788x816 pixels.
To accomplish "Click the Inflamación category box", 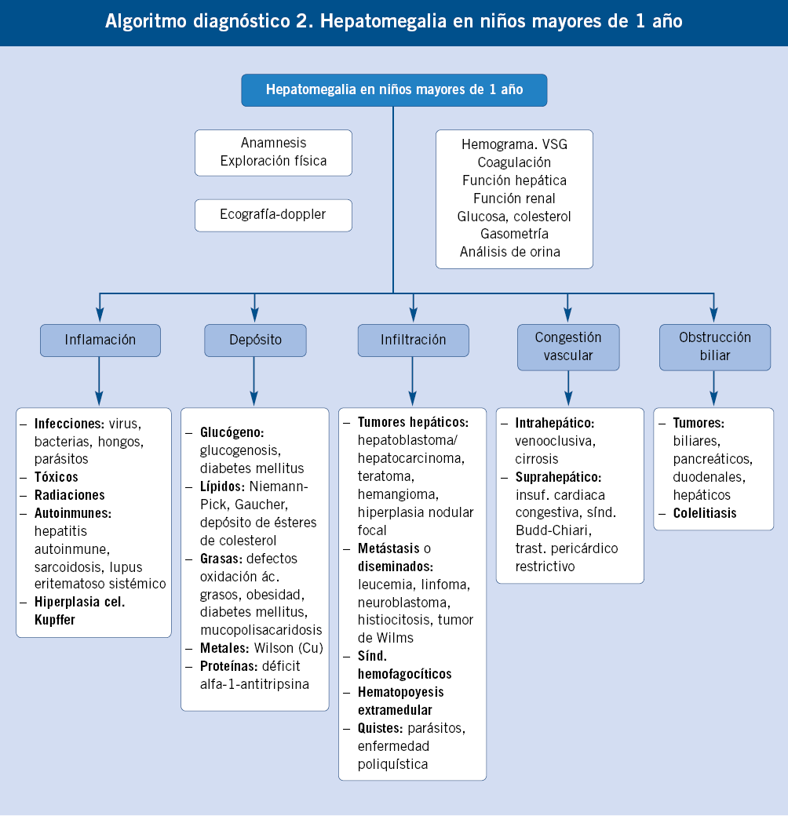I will point(100,341).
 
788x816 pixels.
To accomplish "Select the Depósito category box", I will point(254,341).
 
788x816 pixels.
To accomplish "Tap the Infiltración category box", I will point(413,341).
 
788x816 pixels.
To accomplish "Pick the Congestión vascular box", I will point(567,347).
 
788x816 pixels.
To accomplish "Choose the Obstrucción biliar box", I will point(714,347).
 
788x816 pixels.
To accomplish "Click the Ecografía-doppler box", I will point(272,215).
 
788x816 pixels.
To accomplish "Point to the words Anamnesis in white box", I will point(273,143).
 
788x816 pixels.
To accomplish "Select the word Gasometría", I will point(514,234).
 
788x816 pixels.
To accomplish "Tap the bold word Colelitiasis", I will point(704,513).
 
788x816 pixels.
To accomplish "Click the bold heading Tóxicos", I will point(56,477).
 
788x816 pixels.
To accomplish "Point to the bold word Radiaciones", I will point(69,495).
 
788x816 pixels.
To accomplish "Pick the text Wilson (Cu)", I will point(283,648).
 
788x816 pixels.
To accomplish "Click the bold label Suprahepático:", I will point(558,477).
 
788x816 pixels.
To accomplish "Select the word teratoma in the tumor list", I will point(385,476).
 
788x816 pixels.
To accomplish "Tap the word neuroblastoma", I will point(403,602).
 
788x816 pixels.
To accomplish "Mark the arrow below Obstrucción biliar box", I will point(713,388).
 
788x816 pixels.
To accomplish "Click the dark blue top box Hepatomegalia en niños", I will point(393,89).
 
